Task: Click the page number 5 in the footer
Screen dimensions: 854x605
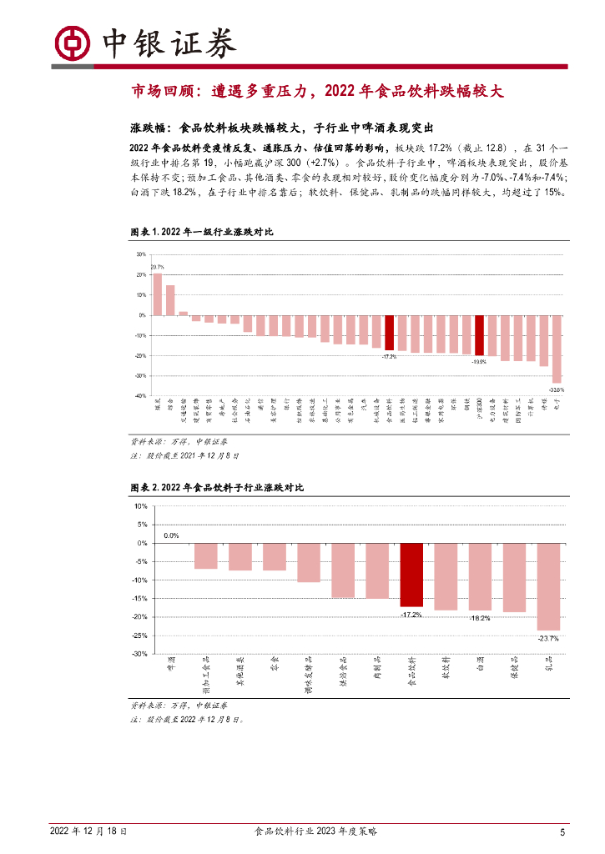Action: coord(562,831)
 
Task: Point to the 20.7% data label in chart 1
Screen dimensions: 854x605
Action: coord(157,267)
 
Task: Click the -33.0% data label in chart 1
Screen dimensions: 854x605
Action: coord(556,389)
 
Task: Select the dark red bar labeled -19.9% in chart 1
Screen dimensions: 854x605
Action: coord(479,336)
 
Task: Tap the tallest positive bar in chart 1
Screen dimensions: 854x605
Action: coord(157,294)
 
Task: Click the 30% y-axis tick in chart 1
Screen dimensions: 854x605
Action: coord(141,254)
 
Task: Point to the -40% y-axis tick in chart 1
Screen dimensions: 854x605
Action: coord(140,396)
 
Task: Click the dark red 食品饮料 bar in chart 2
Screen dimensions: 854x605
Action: coord(411,575)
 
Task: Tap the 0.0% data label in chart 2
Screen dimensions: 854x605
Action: coord(171,535)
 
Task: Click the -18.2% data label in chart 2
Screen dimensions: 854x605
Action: coord(480,618)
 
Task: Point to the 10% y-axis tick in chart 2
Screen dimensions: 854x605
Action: coord(140,506)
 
